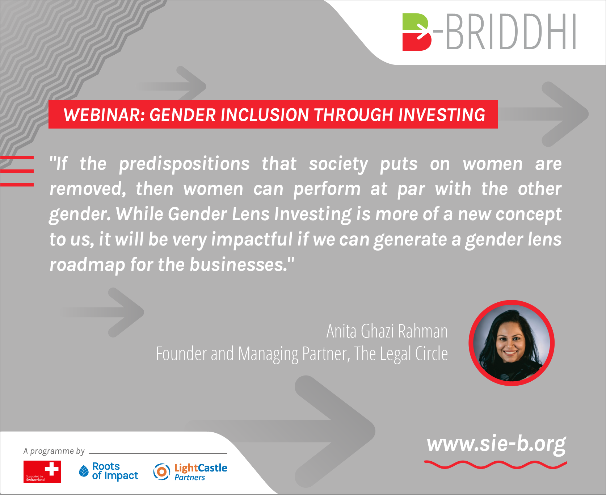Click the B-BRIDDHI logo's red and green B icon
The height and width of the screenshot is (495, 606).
[417, 32]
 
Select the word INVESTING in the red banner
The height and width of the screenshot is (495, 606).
[442, 115]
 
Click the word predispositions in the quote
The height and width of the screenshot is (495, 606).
[185, 164]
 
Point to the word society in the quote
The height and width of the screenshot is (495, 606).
[338, 164]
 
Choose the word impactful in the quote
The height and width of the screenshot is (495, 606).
[252, 239]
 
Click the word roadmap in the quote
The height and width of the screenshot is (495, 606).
[87, 265]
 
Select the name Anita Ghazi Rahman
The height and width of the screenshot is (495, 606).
[387, 331]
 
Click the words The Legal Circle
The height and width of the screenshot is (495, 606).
[401, 353]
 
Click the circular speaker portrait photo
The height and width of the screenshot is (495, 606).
[512, 343]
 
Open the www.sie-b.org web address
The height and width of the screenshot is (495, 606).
[496, 444]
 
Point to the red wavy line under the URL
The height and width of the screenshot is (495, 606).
[496, 465]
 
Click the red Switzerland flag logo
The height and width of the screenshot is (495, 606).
[42, 471]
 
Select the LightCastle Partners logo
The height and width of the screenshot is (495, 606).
[190, 472]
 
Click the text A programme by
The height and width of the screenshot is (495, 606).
[54, 451]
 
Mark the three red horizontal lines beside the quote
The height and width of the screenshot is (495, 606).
[17, 171]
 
